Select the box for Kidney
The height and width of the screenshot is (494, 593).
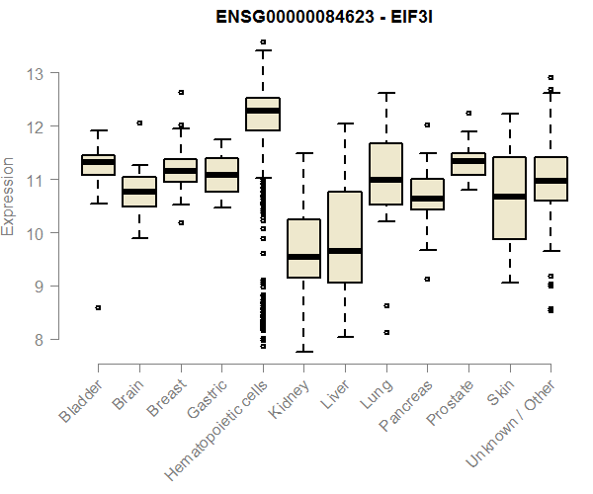pyautogui.click(x=304, y=248)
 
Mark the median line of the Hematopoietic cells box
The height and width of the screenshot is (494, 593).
pyautogui.click(x=263, y=111)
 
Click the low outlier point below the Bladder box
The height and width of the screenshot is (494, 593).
pyautogui.click(x=98, y=307)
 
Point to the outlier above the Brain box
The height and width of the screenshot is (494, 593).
pyautogui.click(x=139, y=123)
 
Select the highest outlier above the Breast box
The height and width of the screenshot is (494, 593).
pyautogui.click(x=181, y=92)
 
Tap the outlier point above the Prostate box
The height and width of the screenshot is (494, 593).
pyautogui.click(x=468, y=113)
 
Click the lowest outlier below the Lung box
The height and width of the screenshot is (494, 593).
pyautogui.click(x=386, y=332)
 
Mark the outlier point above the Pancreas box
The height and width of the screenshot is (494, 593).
pyautogui.click(x=427, y=125)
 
